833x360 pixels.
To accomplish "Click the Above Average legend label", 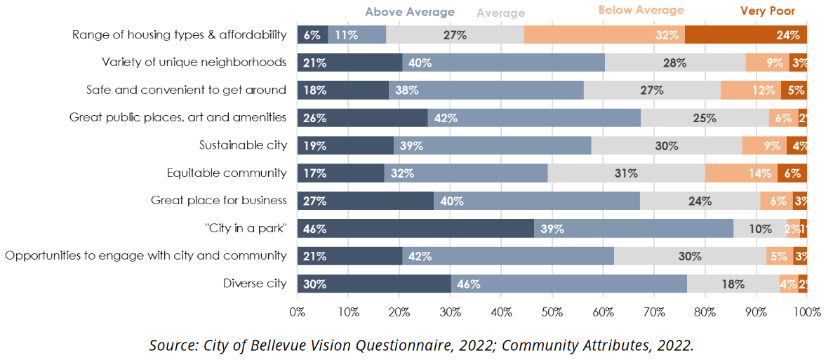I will point(409,12).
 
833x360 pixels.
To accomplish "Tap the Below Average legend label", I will point(641,10).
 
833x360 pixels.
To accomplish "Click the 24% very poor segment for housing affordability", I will point(745,34).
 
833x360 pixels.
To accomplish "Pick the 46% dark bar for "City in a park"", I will point(415,228).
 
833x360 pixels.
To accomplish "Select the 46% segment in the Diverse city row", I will point(568,284).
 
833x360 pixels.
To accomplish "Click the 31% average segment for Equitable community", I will point(626,173).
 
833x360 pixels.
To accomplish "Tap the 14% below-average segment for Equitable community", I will point(741,173).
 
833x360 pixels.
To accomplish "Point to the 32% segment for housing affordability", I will point(604,34).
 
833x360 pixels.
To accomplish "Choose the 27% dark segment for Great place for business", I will point(365,201).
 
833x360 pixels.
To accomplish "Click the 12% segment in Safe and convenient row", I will point(751,90).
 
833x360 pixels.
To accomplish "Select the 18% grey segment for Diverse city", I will point(733,284).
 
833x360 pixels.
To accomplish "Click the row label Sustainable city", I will point(243,145).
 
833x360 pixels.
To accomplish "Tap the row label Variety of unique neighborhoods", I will point(194,62).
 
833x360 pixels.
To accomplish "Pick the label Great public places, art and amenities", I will point(178,117).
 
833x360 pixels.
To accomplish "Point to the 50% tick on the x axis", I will point(552,311).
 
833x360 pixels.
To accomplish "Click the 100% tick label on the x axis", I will point(806,311).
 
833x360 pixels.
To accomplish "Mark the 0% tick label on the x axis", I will point(298,311).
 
